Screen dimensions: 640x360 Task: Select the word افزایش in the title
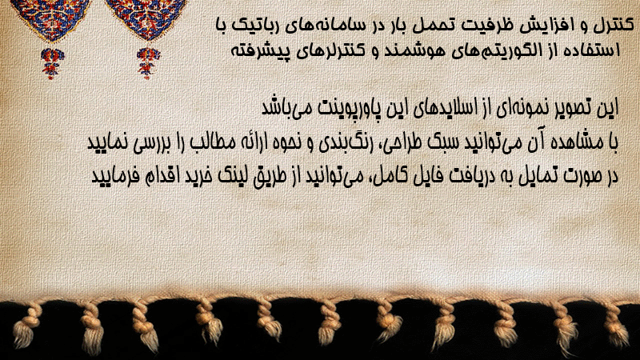(x=534, y=26)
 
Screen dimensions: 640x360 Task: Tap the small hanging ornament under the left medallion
(x=52, y=62)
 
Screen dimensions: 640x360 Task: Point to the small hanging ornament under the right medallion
(x=148, y=62)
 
